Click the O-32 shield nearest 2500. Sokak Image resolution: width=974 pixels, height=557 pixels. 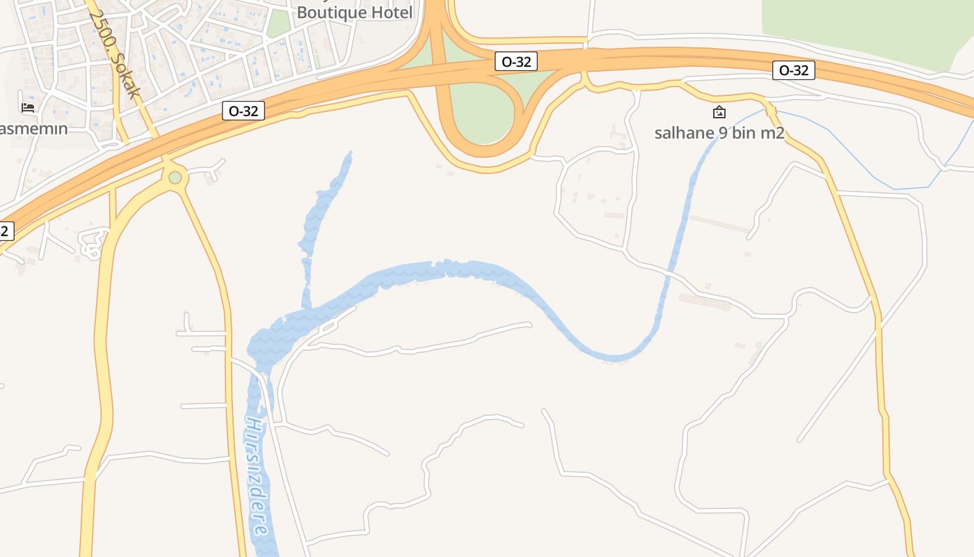point(243,111)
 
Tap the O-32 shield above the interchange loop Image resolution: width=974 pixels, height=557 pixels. point(516,61)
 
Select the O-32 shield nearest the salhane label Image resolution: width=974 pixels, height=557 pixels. point(793,70)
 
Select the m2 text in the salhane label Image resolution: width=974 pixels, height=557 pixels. point(772,133)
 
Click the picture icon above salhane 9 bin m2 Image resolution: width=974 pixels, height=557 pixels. point(719,112)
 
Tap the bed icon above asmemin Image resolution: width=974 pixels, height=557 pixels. point(28,107)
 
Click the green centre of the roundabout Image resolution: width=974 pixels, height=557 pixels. point(175,178)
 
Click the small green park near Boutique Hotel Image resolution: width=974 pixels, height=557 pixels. point(278,23)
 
